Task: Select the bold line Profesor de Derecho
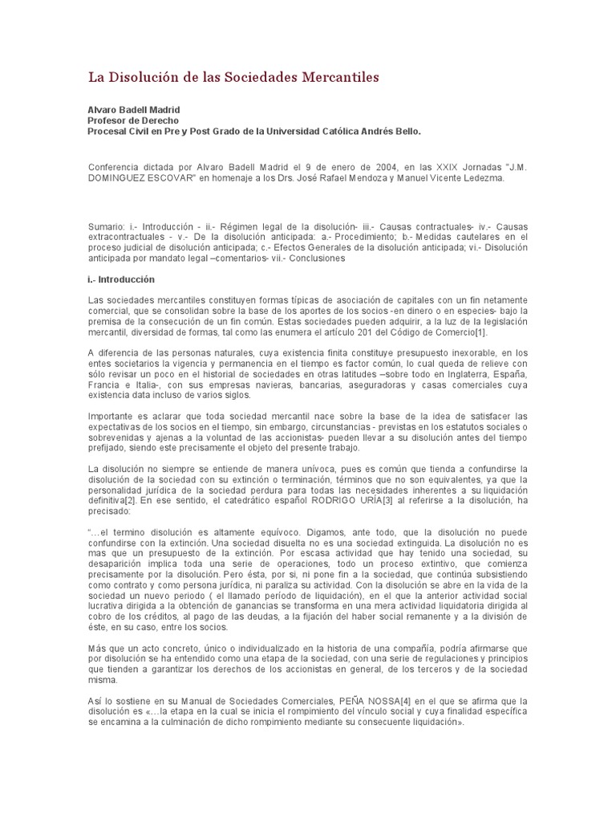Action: [x=132, y=120]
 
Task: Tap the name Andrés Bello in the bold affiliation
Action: [x=387, y=130]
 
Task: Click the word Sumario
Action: [x=106, y=228]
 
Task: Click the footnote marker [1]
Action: [x=478, y=332]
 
